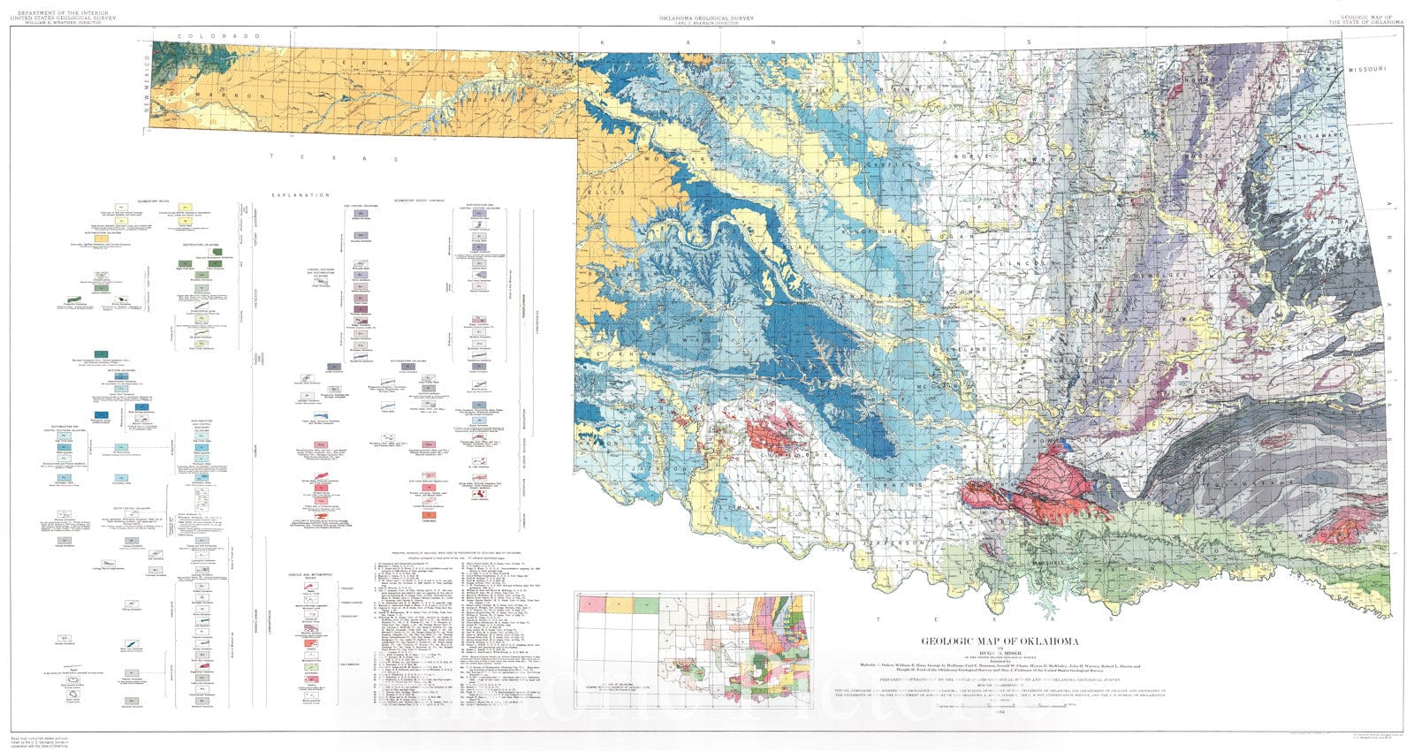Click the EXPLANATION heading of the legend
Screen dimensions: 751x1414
tap(300, 194)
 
